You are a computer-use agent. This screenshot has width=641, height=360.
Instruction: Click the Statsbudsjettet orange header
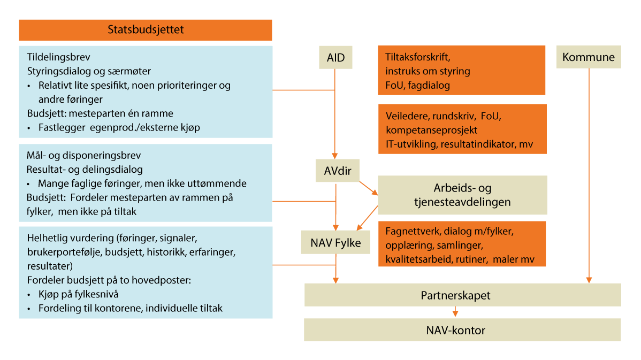click(146, 30)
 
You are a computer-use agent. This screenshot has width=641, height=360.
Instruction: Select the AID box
click(335, 57)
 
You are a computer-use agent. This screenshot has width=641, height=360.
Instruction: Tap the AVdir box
click(336, 171)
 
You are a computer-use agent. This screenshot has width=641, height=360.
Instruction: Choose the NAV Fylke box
click(335, 243)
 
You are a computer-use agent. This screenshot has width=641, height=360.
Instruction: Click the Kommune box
click(589, 57)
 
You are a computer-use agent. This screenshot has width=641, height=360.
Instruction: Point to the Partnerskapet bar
click(462, 295)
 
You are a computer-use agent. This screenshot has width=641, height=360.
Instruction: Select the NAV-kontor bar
click(462, 330)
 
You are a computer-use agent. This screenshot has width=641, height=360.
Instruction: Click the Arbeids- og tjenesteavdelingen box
click(462, 195)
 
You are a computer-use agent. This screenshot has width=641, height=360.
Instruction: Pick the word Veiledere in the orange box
click(405, 116)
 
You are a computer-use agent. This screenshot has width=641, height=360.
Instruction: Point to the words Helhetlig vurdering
click(62, 236)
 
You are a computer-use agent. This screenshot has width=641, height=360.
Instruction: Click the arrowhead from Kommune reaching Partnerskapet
click(589, 279)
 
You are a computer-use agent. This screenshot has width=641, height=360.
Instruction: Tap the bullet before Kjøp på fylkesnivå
click(29, 294)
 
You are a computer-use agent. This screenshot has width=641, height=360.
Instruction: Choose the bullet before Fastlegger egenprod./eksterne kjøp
click(29, 128)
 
